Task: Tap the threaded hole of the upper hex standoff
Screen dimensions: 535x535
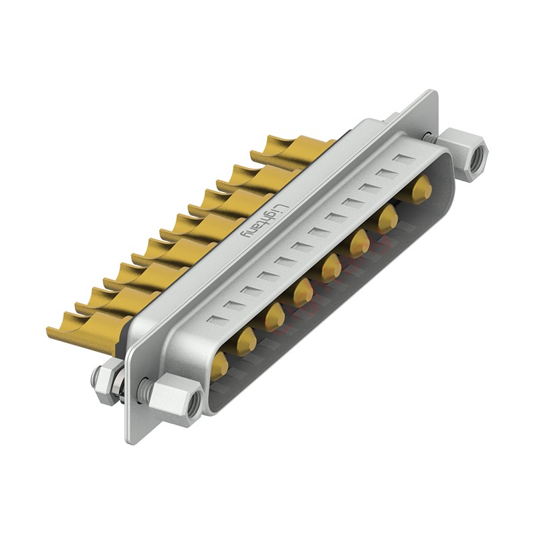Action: pos(477,158)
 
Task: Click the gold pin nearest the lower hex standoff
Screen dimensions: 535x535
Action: pos(218,364)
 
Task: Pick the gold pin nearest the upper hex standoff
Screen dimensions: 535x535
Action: pos(420,190)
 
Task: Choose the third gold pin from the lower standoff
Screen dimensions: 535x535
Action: pos(274,316)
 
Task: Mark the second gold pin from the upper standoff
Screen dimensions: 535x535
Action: pos(387,218)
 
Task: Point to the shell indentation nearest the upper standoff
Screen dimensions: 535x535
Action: pos(404,159)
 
